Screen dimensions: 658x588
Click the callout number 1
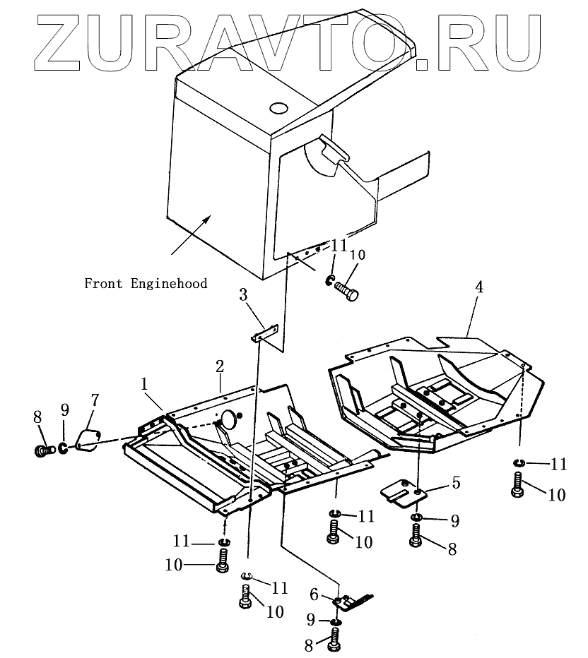click(x=144, y=385)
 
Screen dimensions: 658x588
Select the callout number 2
click(x=220, y=366)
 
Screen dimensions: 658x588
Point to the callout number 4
click(x=478, y=289)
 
